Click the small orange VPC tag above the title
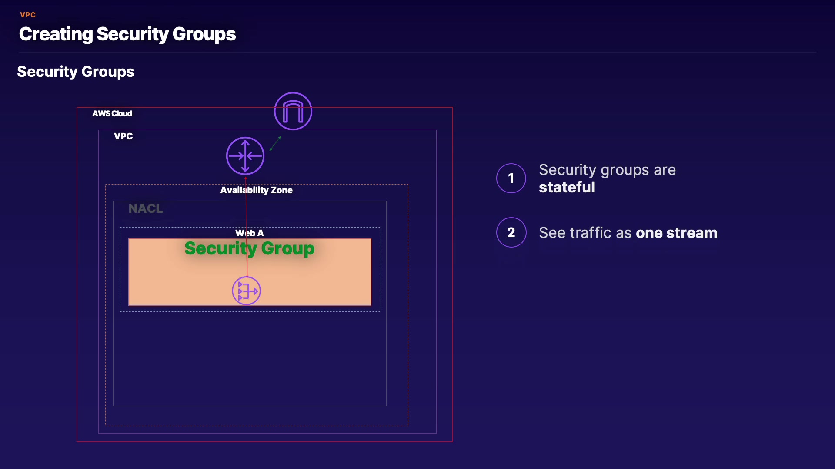tap(28, 15)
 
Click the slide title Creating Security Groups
tap(127, 34)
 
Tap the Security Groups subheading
tap(76, 72)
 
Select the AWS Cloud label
tap(112, 114)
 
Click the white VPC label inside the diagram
tap(123, 136)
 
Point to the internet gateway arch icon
tap(293, 111)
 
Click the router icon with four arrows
tap(245, 156)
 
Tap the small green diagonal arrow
tap(275, 143)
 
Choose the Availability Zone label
tap(256, 190)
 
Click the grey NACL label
tap(146, 209)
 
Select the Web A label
tap(249, 233)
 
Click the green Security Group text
tap(249, 248)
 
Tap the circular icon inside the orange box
tap(246, 291)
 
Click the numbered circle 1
tap(511, 178)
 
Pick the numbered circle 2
tap(511, 233)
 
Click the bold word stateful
tap(567, 188)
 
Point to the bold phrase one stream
tap(676, 233)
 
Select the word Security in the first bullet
tap(568, 170)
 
